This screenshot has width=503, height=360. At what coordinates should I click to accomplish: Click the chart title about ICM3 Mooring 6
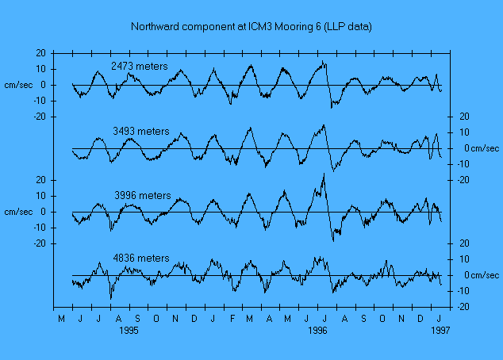pos(251,27)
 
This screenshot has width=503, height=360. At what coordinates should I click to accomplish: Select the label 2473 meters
pos(139,67)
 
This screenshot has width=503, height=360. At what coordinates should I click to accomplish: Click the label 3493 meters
pos(142,131)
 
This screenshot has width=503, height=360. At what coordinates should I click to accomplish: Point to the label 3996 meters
pos(143,195)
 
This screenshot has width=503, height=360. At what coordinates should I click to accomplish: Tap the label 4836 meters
pos(141,259)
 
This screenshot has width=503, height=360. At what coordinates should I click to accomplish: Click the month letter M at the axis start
pos(61,319)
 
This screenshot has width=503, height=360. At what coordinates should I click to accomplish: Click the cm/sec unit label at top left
pos(18,85)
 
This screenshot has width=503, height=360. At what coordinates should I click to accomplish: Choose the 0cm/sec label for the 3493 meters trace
pos(482,148)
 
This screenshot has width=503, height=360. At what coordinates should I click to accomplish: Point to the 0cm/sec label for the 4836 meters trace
pos(482,275)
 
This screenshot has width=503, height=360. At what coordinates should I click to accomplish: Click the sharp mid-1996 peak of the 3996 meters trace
pos(324,174)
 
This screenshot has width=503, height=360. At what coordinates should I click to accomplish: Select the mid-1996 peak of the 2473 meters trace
pos(323,61)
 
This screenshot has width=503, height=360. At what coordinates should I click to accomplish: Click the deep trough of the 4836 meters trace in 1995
pos(111,298)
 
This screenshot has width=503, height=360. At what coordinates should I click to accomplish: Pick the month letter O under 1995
pos(156,319)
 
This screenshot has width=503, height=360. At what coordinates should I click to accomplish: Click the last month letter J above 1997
pos(440,319)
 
